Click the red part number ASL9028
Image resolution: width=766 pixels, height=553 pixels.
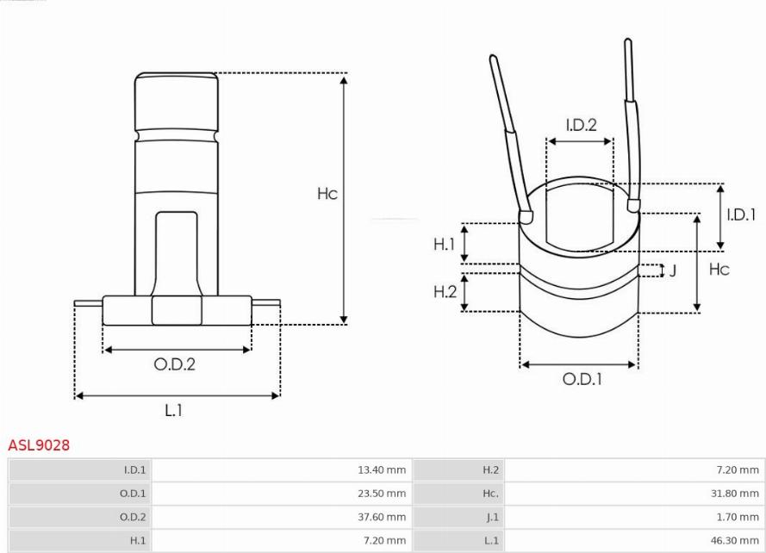(x=39, y=445)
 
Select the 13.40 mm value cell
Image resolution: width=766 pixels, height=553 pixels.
(x=382, y=470)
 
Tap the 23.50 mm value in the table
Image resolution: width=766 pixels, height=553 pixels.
(x=382, y=494)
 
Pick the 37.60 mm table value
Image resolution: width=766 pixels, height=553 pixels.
(x=382, y=517)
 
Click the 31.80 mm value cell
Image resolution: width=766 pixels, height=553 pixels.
(x=735, y=494)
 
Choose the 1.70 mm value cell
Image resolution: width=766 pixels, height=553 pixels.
(x=738, y=517)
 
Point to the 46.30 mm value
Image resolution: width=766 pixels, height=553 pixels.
(x=735, y=540)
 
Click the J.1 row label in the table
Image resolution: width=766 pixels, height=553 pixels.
(x=493, y=517)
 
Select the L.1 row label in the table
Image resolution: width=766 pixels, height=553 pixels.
(x=491, y=540)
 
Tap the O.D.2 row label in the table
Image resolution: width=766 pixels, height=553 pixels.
(x=133, y=517)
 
